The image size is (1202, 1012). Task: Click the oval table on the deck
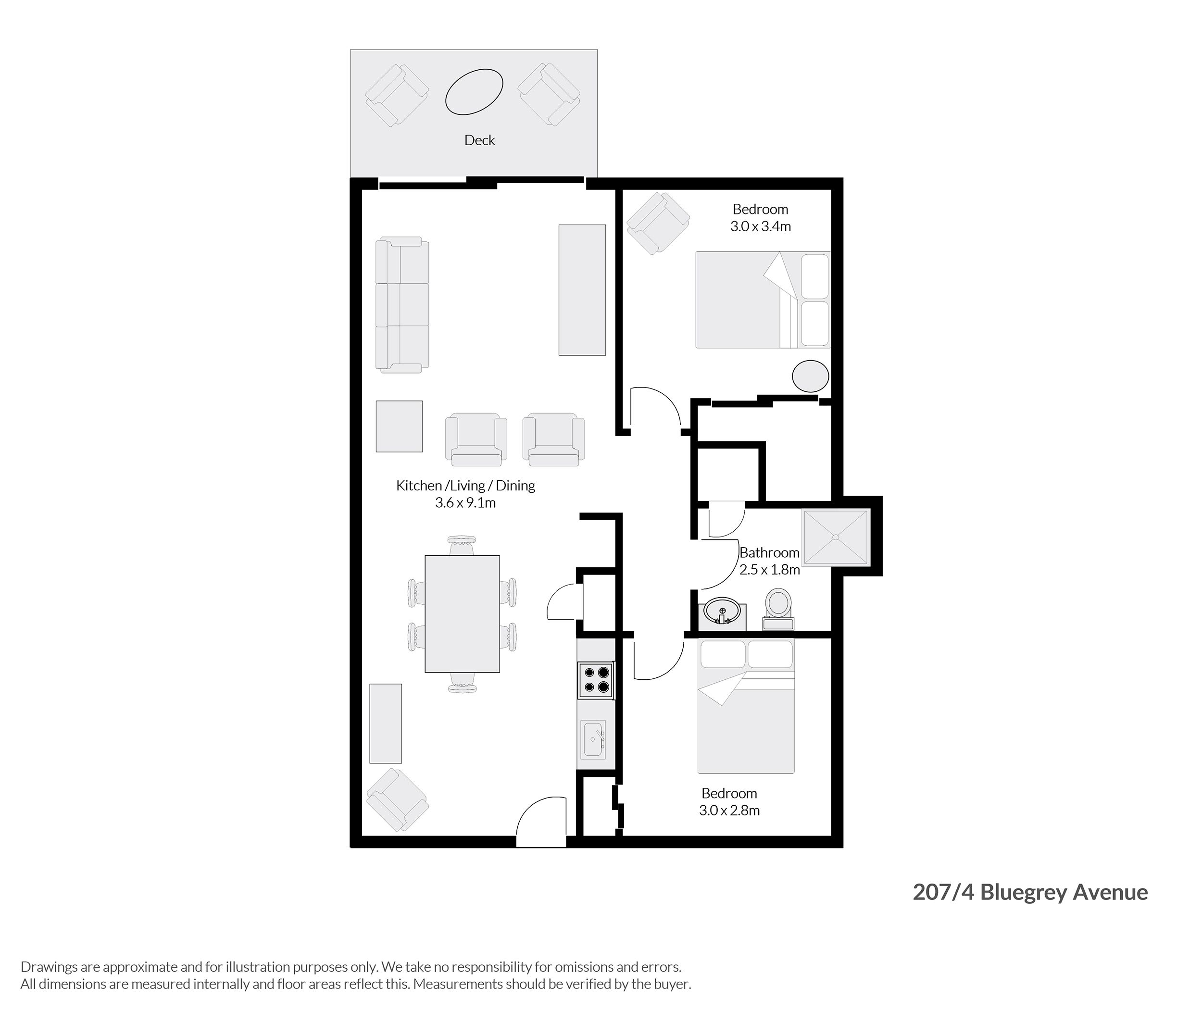[474, 91]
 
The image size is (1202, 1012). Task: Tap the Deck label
[480, 140]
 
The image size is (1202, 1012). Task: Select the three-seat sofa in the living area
[402, 305]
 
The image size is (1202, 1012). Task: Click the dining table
[462, 613]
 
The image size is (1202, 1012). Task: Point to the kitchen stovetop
[596, 680]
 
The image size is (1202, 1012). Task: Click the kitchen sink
[593, 739]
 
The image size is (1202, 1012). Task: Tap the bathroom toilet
[778, 608]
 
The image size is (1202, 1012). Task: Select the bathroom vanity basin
[722, 612]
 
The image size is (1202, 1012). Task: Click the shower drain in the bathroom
[836, 537]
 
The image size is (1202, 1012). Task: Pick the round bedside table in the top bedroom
[810, 376]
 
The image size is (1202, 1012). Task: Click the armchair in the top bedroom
[658, 223]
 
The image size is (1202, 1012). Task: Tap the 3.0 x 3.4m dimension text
[760, 226]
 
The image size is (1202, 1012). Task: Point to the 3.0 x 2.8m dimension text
[729, 811]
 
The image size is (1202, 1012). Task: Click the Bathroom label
[769, 552]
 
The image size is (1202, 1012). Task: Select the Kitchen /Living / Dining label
[465, 486]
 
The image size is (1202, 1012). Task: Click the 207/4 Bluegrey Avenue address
[1030, 892]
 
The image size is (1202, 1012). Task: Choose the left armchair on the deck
[397, 95]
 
